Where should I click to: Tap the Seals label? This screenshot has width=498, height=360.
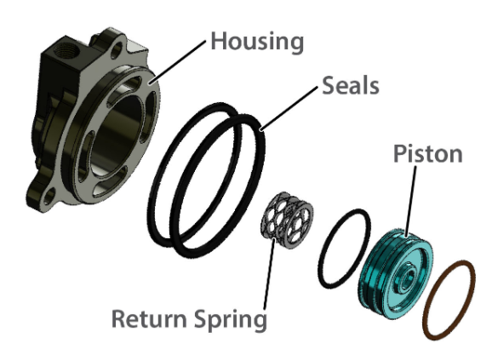[x=351, y=85]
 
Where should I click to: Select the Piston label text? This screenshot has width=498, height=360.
[x=428, y=154]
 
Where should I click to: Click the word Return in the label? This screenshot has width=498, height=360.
[x=149, y=318]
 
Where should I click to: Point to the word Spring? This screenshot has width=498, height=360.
[x=231, y=320]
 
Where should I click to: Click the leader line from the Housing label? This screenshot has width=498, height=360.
[x=179, y=61]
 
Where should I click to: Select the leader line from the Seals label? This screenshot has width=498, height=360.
[x=289, y=108]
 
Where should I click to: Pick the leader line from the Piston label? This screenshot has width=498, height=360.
[x=410, y=201]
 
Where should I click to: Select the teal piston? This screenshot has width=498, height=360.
[x=396, y=273]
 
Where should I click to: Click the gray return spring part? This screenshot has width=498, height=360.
[x=287, y=220]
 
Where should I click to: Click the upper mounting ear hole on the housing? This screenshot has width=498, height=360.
[x=117, y=50]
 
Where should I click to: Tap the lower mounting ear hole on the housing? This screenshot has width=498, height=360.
[x=50, y=197]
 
